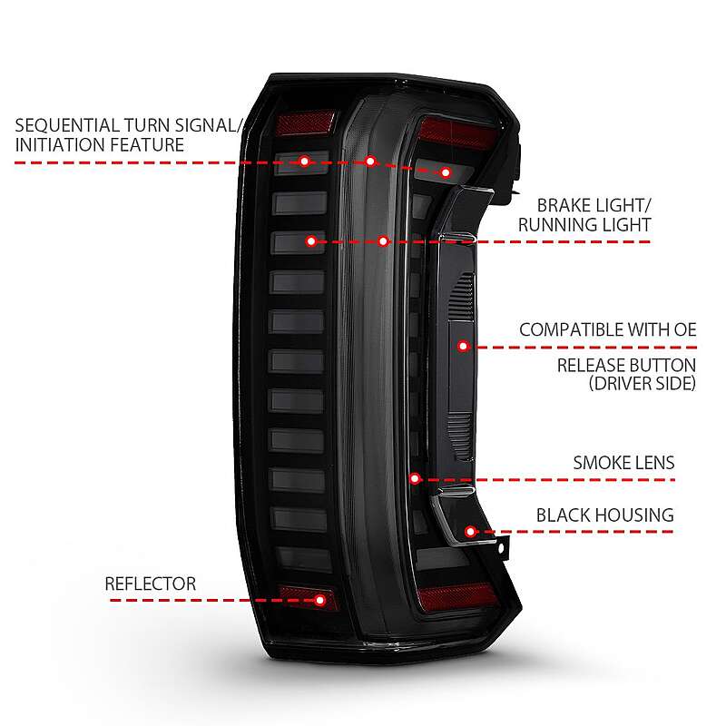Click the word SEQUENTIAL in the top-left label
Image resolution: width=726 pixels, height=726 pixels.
[x=67, y=125]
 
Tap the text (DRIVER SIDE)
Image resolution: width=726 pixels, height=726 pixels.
[x=643, y=383]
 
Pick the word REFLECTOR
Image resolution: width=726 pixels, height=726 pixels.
[x=151, y=584]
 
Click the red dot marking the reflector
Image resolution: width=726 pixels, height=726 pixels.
[x=319, y=600]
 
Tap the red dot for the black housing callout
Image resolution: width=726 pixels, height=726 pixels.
[x=470, y=532]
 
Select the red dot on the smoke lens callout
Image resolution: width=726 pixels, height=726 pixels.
[x=415, y=478]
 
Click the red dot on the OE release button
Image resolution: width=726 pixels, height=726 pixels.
[x=463, y=346]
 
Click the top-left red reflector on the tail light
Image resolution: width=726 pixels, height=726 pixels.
[x=306, y=123]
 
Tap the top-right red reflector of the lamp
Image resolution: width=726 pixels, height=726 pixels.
[x=457, y=132]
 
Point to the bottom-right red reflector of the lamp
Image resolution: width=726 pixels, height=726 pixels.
[x=457, y=597]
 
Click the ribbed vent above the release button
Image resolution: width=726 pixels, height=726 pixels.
[x=462, y=294]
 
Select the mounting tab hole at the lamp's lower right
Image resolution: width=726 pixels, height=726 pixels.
[x=501, y=548]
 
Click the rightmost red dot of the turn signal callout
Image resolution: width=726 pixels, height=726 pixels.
[x=446, y=172]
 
